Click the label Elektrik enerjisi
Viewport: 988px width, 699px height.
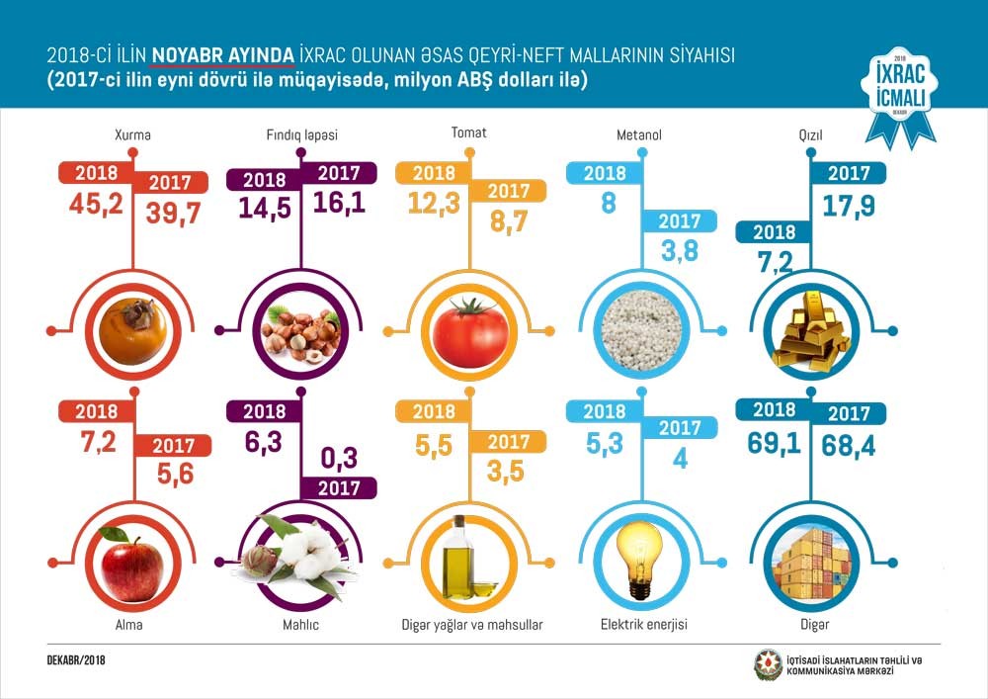click(643, 625)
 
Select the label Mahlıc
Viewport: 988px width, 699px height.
click(300, 625)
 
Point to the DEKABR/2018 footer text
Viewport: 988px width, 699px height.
click(78, 659)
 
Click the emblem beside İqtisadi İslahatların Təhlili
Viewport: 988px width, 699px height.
click(768, 665)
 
